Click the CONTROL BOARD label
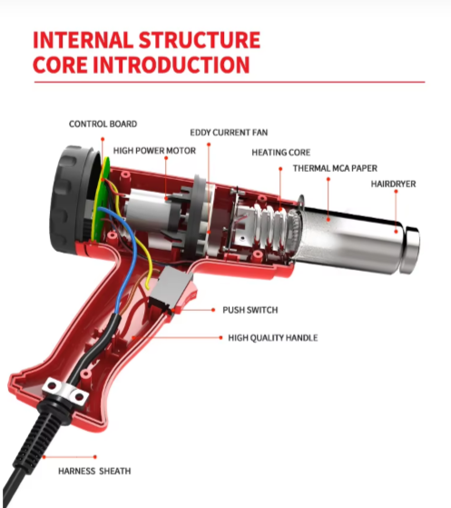coord(103,124)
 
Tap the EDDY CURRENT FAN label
coord(229,133)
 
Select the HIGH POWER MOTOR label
coord(154,151)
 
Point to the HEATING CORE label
coord(280,153)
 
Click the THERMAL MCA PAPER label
coord(335,168)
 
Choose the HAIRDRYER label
coord(393,184)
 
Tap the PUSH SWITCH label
coord(250,310)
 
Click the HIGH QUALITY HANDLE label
coord(273,338)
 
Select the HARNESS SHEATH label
coord(94,471)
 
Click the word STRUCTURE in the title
coord(200,40)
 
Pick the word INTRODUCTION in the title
coord(172,65)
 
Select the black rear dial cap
coord(72,198)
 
